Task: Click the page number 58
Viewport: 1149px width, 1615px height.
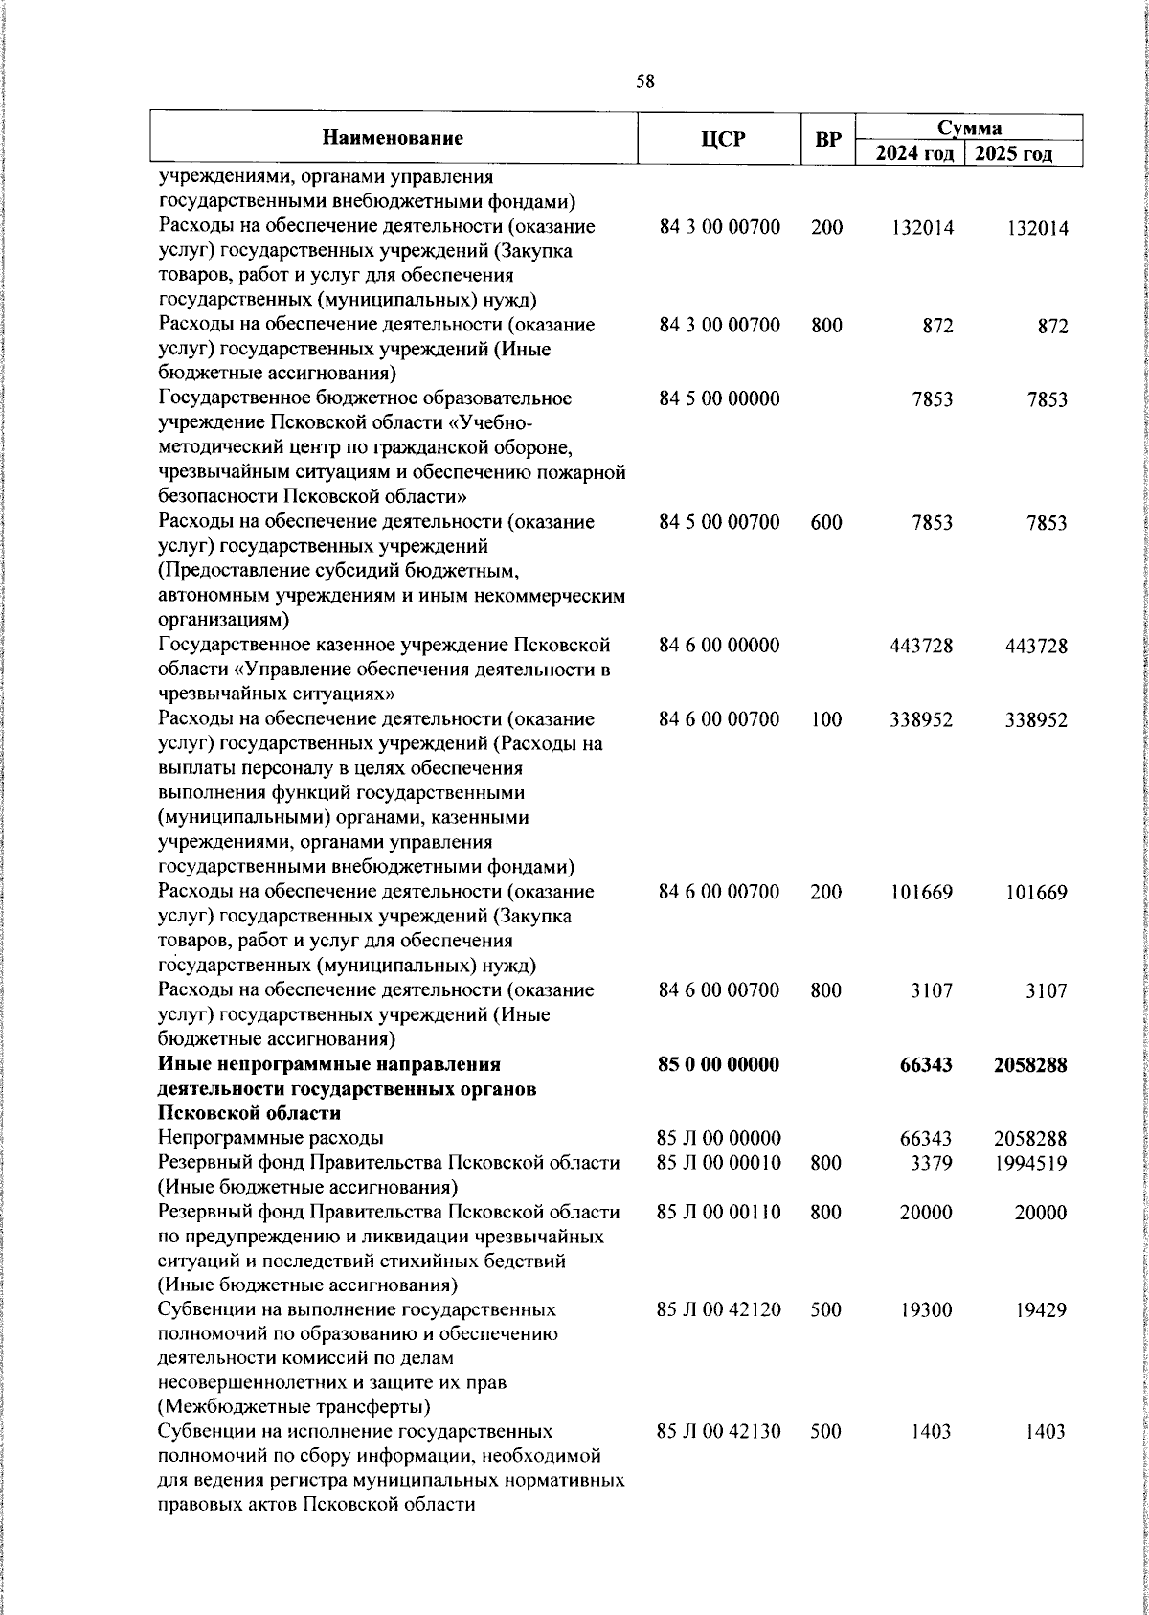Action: point(645,82)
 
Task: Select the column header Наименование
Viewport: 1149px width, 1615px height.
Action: point(393,138)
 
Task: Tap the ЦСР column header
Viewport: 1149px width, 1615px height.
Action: point(722,139)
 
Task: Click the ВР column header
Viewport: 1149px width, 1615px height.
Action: point(827,139)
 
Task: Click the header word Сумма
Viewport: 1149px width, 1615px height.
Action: point(968,127)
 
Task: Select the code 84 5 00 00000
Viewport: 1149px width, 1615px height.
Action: point(719,398)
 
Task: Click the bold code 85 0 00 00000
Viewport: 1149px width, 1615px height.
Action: point(719,1064)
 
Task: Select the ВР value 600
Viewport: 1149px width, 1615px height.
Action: point(825,522)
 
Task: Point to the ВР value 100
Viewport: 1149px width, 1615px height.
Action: point(825,719)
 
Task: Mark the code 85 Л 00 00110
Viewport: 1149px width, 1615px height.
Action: point(718,1212)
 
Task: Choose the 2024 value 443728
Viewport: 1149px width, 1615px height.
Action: point(921,646)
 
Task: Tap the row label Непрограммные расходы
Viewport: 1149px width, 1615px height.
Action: point(271,1138)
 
